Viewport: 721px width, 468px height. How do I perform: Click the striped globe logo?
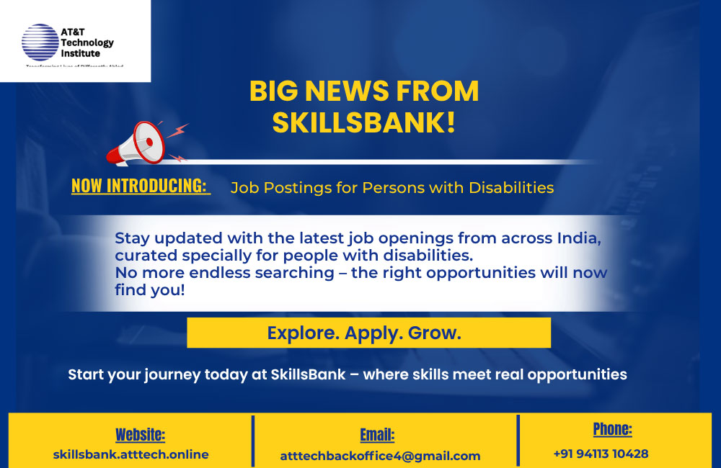[40, 42]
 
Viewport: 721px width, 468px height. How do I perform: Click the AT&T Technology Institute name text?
[87, 43]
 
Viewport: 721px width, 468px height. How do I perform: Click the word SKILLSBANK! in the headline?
[363, 122]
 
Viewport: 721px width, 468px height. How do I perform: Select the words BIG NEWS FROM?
[363, 91]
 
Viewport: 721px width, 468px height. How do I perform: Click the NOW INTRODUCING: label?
[139, 186]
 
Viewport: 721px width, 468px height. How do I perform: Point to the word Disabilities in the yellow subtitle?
[511, 188]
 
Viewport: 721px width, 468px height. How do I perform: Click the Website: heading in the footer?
[140, 435]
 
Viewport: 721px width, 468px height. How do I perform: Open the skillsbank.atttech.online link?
[131, 454]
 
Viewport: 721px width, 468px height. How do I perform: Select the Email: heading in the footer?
[377, 435]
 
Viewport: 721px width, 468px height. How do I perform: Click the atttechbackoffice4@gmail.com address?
[380, 456]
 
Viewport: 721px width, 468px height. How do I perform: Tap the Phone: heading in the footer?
[612, 430]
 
